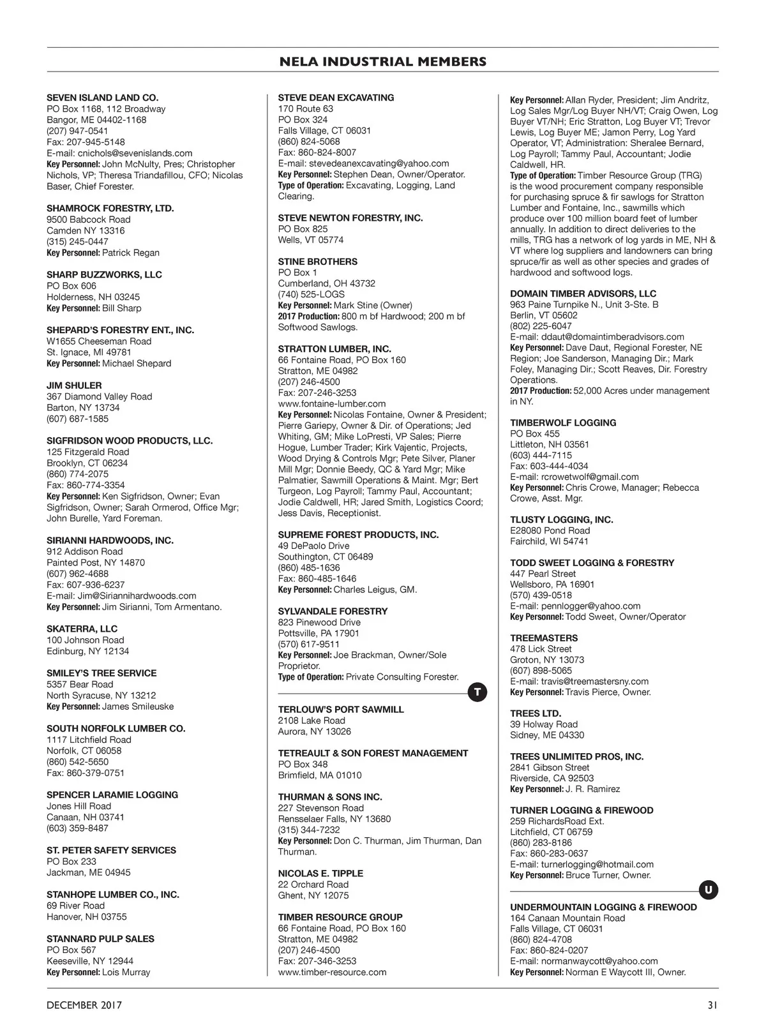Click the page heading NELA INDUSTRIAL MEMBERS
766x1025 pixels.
tap(383, 62)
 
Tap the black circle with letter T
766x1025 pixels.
tap(477, 692)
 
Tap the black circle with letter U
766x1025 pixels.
tap(709, 890)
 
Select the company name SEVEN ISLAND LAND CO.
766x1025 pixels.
tap(102, 98)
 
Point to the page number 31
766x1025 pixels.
tap(712, 1005)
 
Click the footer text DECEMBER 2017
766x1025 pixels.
tap(84, 1005)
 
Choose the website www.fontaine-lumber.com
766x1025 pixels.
tap(332, 403)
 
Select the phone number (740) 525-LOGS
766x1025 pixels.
tap(311, 294)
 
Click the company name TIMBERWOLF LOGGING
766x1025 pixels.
tap(563, 423)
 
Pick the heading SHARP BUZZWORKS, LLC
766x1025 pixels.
tap(104, 274)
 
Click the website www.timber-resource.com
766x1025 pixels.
tap(332, 972)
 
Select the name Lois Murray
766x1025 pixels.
tap(126, 972)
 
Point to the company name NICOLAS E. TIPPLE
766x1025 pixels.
tap(320, 873)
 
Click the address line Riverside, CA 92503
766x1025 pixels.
tap(552, 778)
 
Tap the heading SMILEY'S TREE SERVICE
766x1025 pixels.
tap(101, 673)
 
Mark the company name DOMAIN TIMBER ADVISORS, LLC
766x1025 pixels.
tap(583, 294)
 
